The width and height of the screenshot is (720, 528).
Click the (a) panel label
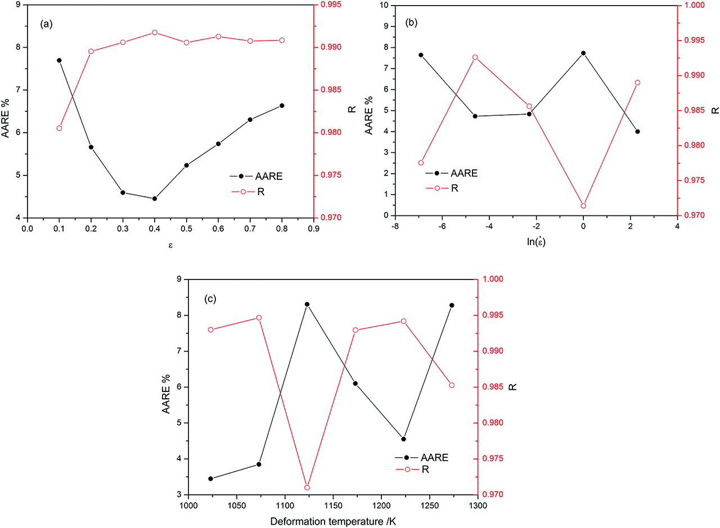pyautogui.click(x=46, y=25)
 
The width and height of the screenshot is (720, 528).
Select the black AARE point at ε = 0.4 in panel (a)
pyautogui.click(x=154, y=198)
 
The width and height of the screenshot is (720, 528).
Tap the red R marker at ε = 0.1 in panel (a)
pyautogui.click(x=59, y=128)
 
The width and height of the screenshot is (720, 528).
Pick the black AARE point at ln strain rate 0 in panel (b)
pyautogui.click(x=583, y=53)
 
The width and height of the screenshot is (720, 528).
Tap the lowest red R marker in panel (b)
pyautogui.click(x=583, y=206)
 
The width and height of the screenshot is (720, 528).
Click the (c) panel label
pyautogui.click(x=210, y=299)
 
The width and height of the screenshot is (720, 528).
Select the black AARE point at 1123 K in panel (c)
pyautogui.click(x=307, y=304)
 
